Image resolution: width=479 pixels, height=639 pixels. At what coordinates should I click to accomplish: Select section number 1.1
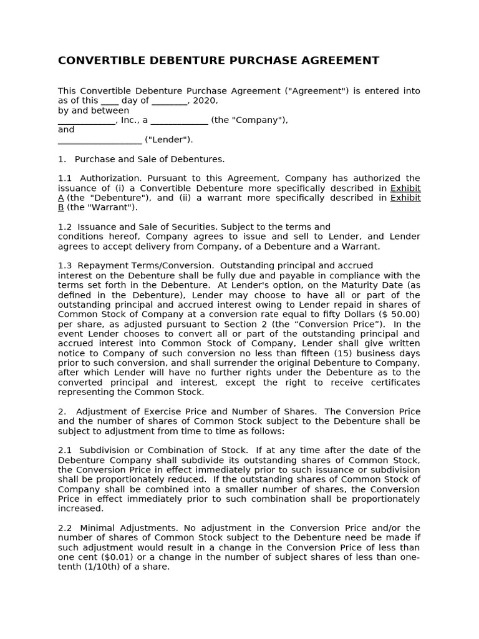(65, 178)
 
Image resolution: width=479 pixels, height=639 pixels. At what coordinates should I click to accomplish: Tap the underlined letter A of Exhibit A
(61, 198)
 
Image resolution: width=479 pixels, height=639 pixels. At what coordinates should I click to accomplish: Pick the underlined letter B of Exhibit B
(61, 207)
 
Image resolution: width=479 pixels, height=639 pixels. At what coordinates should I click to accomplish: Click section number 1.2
(65, 227)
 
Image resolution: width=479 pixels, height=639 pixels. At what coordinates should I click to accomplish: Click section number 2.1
(65, 451)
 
